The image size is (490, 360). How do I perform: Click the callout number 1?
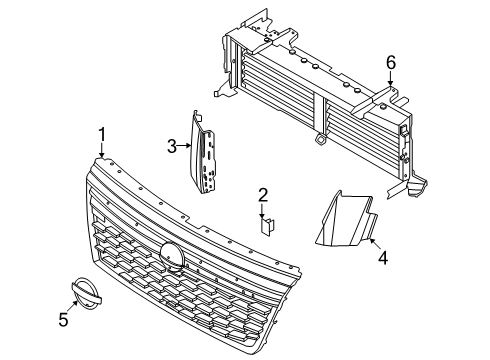point(102,135)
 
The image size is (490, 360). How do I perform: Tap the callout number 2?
point(263,195)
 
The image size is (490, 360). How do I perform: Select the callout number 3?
point(172,146)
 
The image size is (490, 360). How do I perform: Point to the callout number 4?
point(383,258)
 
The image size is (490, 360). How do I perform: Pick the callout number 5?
point(63,320)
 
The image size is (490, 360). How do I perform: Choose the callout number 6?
point(391,62)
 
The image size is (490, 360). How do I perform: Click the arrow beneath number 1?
point(102,151)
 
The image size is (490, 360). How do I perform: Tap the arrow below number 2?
point(263,211)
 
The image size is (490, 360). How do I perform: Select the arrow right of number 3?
point(184,145)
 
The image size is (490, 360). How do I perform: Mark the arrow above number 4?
point(375,244)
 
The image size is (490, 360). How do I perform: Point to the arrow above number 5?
point(73,306)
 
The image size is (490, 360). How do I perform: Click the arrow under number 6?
point(390,79)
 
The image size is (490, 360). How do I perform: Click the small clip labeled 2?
point(267,227)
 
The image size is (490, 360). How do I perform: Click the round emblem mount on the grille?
point(172,256)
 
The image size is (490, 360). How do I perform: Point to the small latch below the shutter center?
point(320,138)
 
